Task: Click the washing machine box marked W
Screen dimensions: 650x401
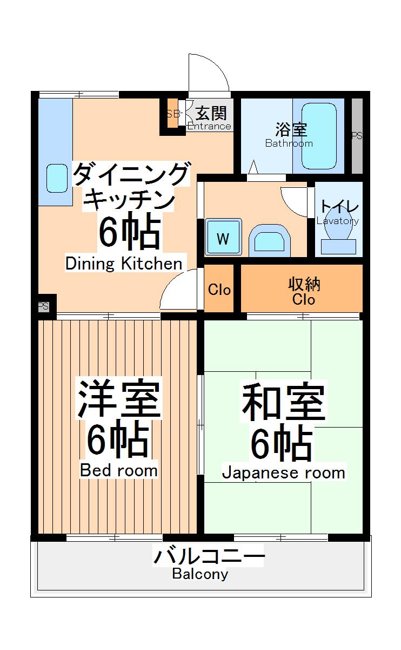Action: [223, 238]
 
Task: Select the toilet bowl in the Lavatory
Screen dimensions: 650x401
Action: [338, 229]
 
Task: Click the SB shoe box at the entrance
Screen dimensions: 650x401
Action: [172, 114]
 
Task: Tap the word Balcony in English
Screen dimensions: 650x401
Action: [200, 574]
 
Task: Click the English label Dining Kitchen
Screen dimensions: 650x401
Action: [124, 264]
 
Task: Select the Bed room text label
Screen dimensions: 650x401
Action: [119, 470]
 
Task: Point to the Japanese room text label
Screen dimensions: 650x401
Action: [283, 472]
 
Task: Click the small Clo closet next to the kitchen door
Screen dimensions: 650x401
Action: [219, 290]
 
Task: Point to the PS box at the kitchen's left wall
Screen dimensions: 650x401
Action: [43, 306]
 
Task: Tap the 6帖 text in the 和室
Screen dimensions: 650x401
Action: [281, 444]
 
